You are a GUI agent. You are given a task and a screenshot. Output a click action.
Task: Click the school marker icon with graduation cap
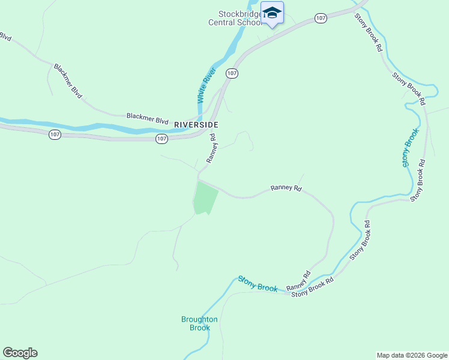(x=272, y=13)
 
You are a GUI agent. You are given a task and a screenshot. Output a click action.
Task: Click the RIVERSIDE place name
(x=196, y=124)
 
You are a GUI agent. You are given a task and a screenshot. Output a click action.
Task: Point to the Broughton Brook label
(x=199, y=323)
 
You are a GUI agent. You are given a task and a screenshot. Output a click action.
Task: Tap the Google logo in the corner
(x=20, y=353)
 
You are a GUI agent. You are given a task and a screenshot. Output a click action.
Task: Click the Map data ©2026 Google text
(x=412, y=355)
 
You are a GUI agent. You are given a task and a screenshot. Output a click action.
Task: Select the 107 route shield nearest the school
(x=321, y=19)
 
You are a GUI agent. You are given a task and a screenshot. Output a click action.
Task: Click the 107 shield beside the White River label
(x=232, y=73)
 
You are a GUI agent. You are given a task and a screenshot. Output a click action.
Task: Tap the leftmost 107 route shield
(x=55, y=134)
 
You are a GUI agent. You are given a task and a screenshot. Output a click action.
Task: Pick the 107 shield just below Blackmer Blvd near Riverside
(x=161, y=139)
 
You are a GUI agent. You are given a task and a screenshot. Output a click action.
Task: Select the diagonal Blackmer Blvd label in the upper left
(x=67, y=81)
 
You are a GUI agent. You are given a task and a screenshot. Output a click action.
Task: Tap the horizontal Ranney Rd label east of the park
(x=285, y=188)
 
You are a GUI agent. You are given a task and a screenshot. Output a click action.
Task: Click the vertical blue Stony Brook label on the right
(x=409, y=147)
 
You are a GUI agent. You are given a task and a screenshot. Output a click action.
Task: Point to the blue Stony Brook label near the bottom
(x=258, y=284)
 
